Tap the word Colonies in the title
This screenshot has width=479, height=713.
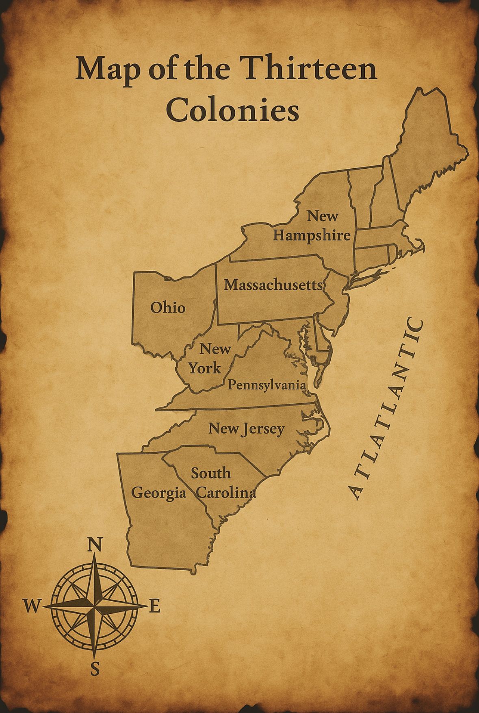tap(232, 109)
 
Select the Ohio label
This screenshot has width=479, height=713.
tap(168, 308)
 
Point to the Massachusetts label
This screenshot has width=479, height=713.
tap(273, 285)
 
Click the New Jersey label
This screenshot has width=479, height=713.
tap(246, 428)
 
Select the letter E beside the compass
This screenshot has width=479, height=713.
tap(155, 606)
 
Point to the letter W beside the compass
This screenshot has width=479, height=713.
tap(32, 607)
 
